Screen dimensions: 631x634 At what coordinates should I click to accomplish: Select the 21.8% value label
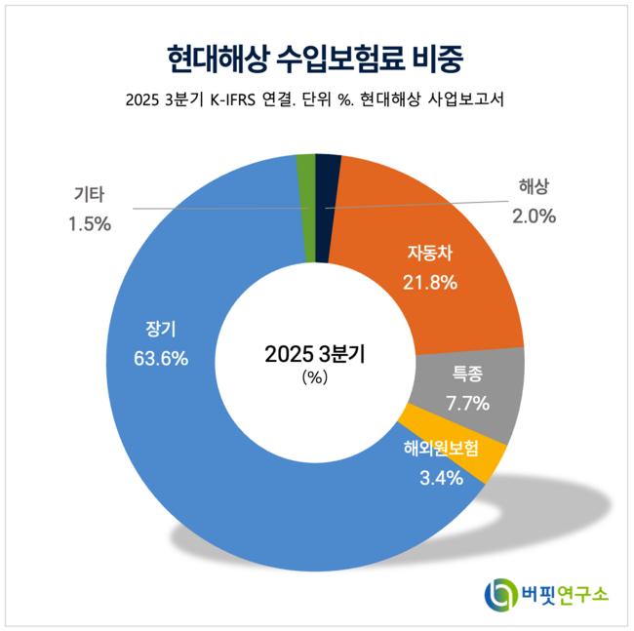(x=430, y=283)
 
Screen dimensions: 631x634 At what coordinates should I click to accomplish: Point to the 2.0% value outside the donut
(x=534, y=217)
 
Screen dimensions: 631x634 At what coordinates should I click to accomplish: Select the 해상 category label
(x=534, y=188)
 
